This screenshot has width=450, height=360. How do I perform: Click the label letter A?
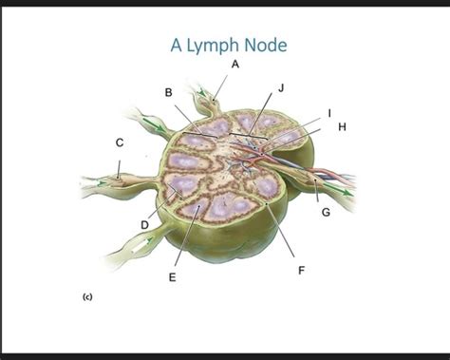[x=234, y=65]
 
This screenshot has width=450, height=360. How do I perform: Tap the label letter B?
[x=168, y=92]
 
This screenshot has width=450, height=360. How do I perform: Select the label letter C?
[x=120, y=142]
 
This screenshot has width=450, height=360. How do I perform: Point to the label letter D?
[x=145, y=224]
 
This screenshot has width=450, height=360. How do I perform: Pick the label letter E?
[x=172, y=276]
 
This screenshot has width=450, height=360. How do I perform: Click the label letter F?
[x=301, y=270]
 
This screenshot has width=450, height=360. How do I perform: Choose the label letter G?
[x=326, y=211]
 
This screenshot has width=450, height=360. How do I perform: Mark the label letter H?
[x=342, y=125]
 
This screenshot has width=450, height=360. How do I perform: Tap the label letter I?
[x=329, y=112]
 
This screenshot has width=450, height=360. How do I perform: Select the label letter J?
[x=281, y=87]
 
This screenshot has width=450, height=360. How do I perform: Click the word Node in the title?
[x=267, y=44]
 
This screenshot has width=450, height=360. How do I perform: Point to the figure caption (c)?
[x=86, y=296]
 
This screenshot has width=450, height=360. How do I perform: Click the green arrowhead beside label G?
[x=347, y=191]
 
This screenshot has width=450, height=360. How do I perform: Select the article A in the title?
[x=177, y=44]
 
